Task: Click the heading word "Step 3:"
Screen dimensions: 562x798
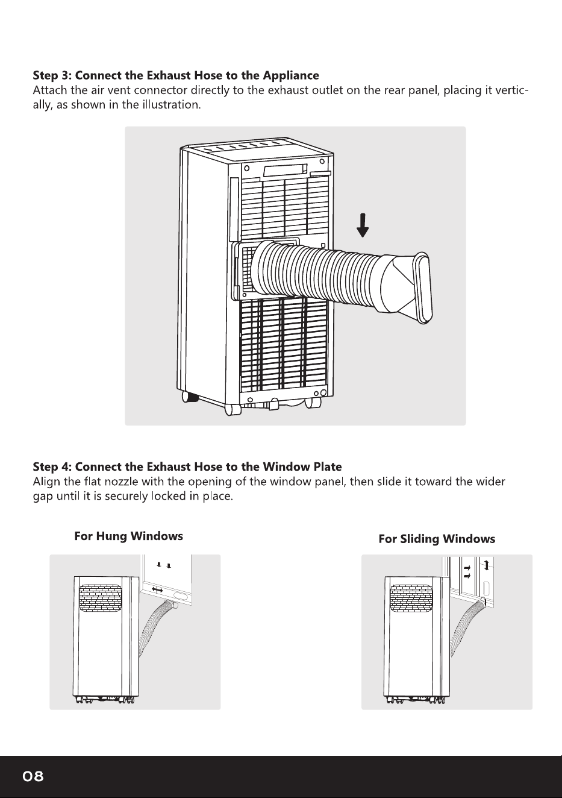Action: [x=52, y=75]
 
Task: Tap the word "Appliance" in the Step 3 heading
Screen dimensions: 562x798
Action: [x=290, y=76]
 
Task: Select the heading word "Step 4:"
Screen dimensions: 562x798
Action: [x=52, y=467]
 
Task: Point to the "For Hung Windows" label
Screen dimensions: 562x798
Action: [x=128, y=536]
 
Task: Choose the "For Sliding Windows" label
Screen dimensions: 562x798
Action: [x=437, y=539]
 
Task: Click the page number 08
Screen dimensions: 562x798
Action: [x=33, y=776]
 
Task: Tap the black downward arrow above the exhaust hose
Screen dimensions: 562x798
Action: [x=363, y=225]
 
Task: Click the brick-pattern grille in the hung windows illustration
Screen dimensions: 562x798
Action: [x=100, y=598]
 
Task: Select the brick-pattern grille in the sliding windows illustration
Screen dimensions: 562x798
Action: [x=411, y=598]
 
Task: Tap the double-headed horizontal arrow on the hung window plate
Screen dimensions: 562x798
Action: [x=157, y=590]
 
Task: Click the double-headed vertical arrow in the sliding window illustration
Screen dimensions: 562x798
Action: [x=487, y=564]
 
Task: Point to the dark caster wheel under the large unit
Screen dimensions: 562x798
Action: [x=190, y=397]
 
